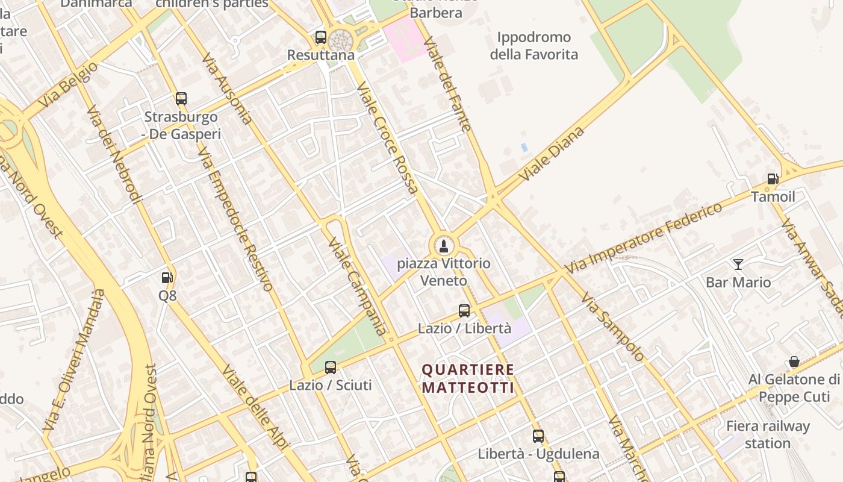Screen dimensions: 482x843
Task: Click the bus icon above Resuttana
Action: pos(321,37)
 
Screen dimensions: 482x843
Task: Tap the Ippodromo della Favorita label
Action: pos(533,46)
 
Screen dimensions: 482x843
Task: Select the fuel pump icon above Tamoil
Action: pos(773,179)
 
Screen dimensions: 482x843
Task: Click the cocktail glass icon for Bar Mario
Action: pos(738,264)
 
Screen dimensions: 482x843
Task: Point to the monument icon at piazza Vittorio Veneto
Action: pos(444,246)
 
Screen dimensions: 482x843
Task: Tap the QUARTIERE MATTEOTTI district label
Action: pos(468,378)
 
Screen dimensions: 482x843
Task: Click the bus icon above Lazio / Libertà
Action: pos(464,311)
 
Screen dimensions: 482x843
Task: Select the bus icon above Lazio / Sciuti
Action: pos(331,368)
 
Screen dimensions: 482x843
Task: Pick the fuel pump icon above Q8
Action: pos(167,278)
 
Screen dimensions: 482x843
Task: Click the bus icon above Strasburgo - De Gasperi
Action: pos(181,99)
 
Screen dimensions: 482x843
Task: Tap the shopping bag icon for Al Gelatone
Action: pos(794,361)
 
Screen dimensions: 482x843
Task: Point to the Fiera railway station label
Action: pos(768,434)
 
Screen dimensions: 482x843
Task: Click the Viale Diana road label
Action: pos(552,154)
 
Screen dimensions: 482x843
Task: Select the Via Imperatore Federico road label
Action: pos(644,237)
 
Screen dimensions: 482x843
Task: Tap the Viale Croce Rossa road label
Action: pos(388,139)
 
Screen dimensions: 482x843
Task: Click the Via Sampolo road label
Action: pos(612,327)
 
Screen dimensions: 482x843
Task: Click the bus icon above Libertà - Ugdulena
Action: pos(538,436)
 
